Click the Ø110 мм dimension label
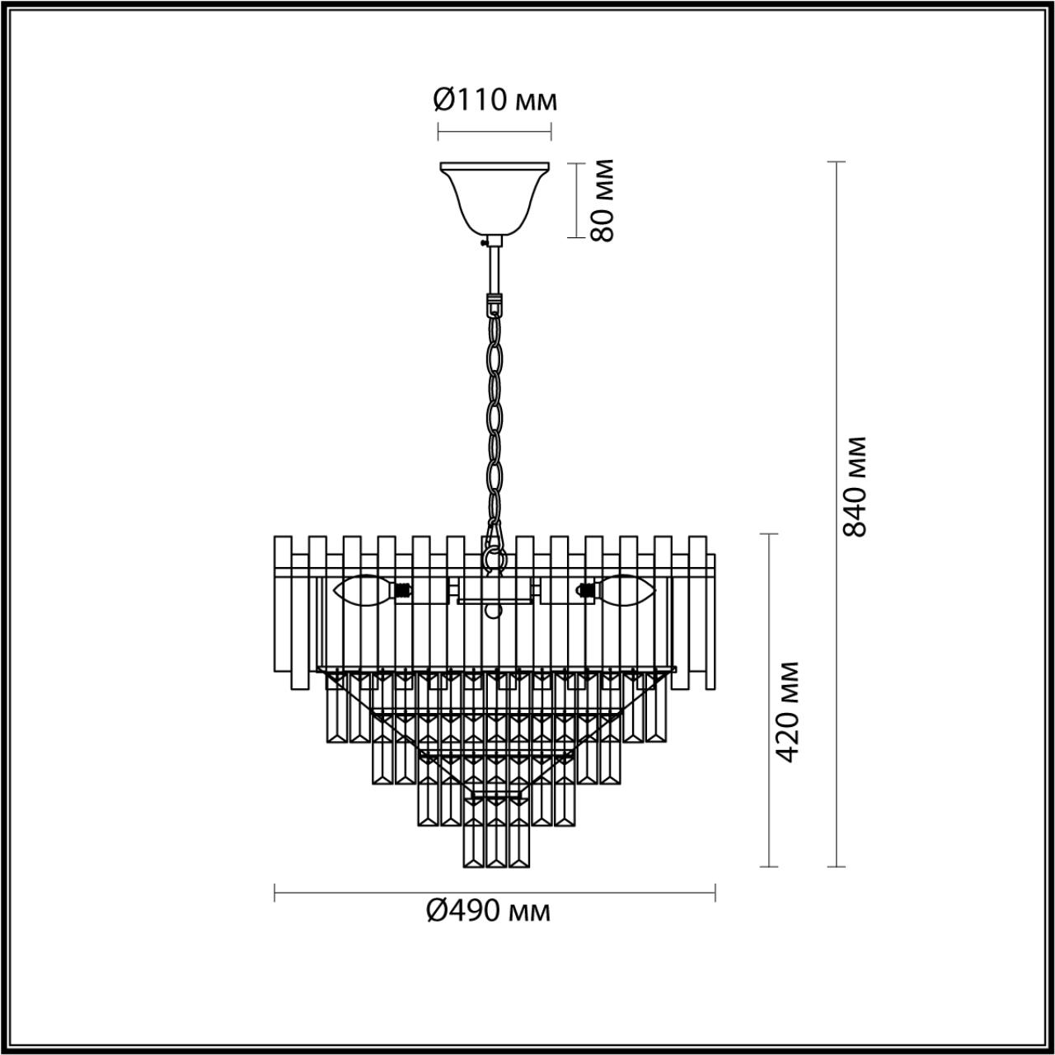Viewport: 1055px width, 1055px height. coord(495,101)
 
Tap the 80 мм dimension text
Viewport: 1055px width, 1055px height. coord(603,199)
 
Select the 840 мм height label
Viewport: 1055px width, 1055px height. coord(855,485)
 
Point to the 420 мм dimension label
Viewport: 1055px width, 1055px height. coord(788,711)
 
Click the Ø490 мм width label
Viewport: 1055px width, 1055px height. coord(489,911)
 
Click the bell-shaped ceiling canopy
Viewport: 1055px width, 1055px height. coord(495,196)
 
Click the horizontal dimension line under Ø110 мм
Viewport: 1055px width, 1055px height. coord(495,130)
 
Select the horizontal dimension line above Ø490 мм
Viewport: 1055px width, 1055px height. coord(495,892)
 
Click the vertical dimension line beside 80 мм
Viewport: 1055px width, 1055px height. coord(574,199)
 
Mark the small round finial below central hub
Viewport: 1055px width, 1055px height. coord(493,611)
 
